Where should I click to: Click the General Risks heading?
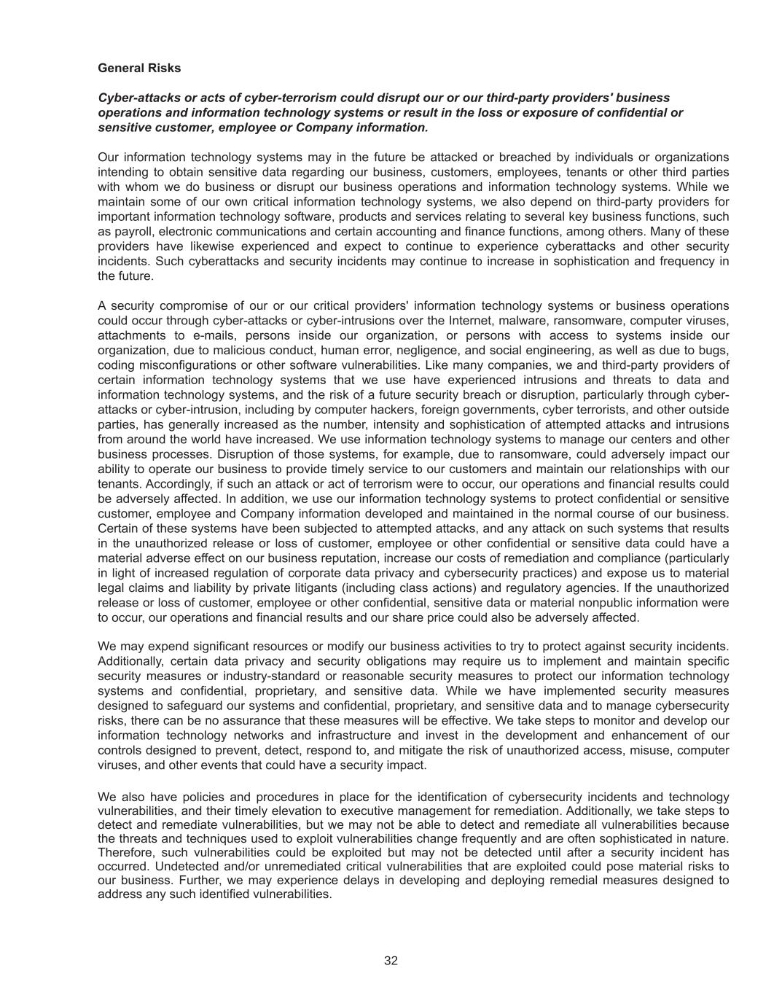pyautogui.click(x=139, y=68)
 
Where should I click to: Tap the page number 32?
pyautogui.click(x=391, y=961)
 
